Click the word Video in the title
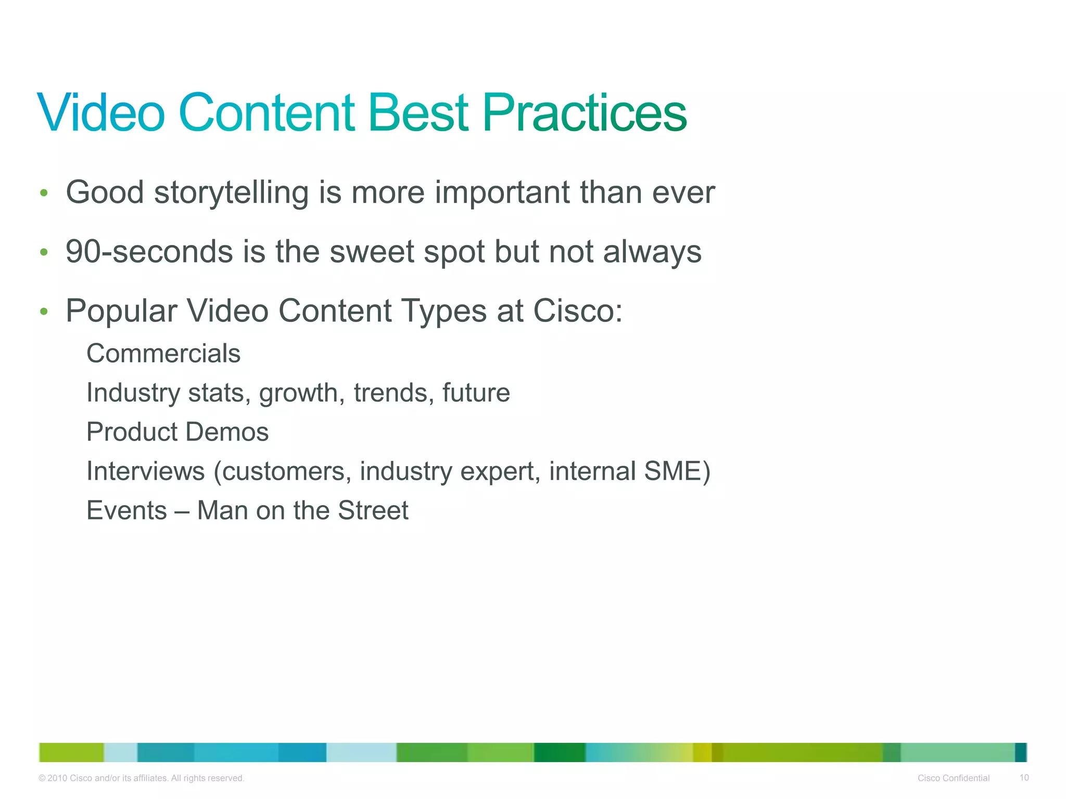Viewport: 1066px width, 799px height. (x=101, y=113)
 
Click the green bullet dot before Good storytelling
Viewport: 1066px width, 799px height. (x=44, y=194)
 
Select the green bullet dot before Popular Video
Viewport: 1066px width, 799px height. (x=44, y=312)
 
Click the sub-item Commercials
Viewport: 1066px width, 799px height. (x=163, y=354)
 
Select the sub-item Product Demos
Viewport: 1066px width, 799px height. (x=177, y=432)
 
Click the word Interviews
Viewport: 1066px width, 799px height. (x=146, y=471)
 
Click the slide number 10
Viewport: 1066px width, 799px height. (x=1024, y=778)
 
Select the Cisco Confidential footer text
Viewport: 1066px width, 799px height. (x=953, y=778)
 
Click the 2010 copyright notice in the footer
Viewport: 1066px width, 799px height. (x=142, y=778)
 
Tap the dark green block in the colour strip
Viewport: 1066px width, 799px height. (x=559, y=752)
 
